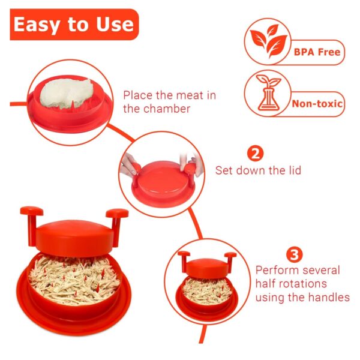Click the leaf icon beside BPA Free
pyautogui.click(x=267, y=40)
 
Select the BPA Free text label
pyautogui.click(x=316, y=52)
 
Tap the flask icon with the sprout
pyautogui.click(x=267, y=94)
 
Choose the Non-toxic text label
pyautogui.click(x=317, y=104)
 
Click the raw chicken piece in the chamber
pyautogui.click(x=67, y=93)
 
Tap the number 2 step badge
pyautogui.click(x=256, y=154)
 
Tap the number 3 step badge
pyautogui.click(x=295, y=254)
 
